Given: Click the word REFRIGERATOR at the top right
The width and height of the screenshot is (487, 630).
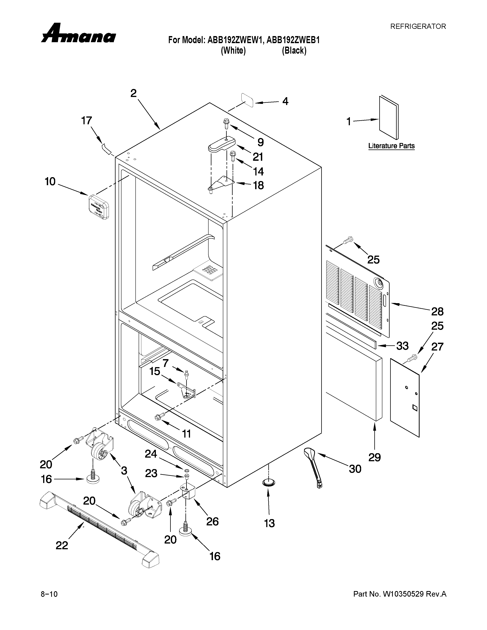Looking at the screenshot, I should tap(418, 27).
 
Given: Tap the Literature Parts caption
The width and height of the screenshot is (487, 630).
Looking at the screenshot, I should tap(391, 146).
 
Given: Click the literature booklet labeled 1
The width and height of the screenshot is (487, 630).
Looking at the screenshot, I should tap(388, 118).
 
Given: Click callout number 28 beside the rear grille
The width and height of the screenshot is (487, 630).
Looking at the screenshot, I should tap(437, 312).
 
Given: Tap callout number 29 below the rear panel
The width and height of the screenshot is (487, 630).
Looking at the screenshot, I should tap(375, 457).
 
